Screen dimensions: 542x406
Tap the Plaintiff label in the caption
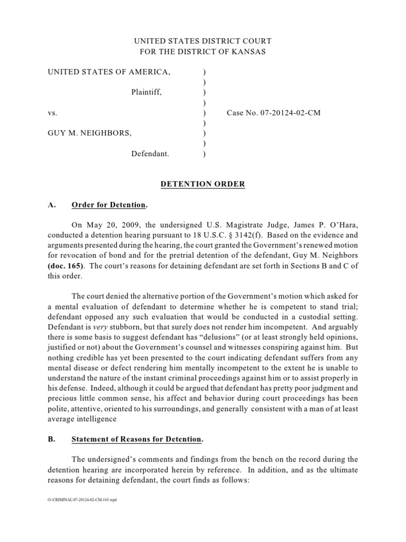coord(146,92)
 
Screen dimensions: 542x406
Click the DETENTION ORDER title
coord(203,184)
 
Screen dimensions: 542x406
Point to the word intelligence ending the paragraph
coord(96,419)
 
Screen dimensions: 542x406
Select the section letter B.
coord(51,439)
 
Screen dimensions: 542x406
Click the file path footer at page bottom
coord(81,500)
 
